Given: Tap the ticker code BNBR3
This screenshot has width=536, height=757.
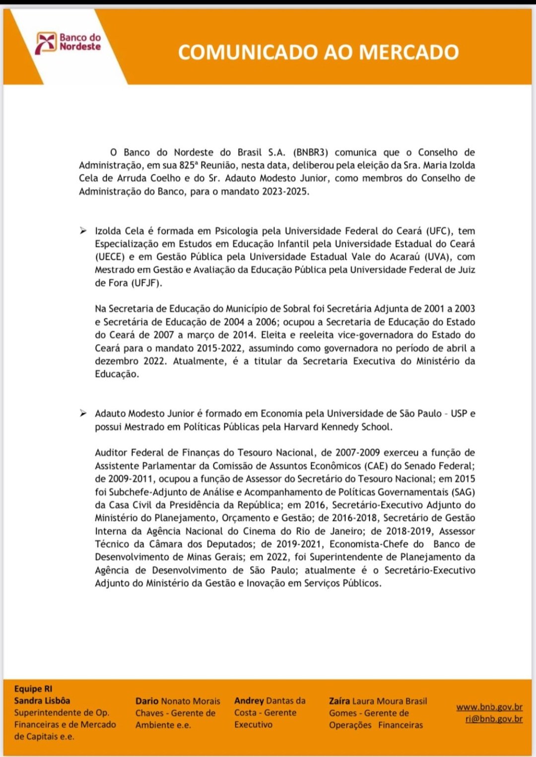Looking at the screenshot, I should pos(311,152).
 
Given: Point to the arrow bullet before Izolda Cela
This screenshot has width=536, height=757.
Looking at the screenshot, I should pos(83,231).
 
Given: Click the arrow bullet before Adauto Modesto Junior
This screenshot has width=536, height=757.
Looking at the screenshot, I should pos(83,413).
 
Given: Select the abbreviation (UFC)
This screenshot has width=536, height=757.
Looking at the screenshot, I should pos(439,231).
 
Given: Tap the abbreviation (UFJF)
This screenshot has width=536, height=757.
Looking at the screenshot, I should pos(146,283).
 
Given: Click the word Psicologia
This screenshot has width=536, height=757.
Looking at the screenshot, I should pos(236,231).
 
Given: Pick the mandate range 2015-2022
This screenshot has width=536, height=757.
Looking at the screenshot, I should pos(219,348).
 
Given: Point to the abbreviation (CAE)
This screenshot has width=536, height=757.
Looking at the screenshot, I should pos(376,466).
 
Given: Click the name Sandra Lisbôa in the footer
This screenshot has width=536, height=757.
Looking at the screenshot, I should pos(42,700).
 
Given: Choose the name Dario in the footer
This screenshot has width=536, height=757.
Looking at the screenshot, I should pos(147,701).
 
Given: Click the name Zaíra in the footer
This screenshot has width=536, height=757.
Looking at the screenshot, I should pos(339,701).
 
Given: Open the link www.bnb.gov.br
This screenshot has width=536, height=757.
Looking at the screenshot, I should pos(489,706).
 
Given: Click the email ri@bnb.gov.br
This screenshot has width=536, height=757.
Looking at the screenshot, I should pos(494,718).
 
